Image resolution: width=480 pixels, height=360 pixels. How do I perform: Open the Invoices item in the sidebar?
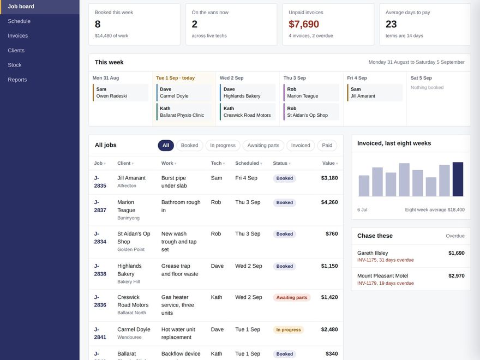18,36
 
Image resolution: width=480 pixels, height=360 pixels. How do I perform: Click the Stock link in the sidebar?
15,65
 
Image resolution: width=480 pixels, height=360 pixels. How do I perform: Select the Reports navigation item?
17,80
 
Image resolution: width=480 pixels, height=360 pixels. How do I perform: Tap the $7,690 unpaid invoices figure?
304,24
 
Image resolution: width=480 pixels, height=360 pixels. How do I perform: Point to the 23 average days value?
391,24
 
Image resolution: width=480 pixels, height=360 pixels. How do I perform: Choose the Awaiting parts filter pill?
263,146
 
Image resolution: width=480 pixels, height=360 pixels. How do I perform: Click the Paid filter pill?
327,146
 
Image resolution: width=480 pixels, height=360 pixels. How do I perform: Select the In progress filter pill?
223,146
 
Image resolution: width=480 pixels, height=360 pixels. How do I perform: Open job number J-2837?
100,206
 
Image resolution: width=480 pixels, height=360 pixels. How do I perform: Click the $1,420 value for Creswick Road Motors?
329,297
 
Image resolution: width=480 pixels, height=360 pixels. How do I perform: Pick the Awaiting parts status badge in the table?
292,298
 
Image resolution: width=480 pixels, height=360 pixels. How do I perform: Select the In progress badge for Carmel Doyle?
289,329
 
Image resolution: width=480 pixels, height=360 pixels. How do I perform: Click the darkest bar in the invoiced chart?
458,179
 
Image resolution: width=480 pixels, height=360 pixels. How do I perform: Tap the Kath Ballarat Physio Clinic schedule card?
184,112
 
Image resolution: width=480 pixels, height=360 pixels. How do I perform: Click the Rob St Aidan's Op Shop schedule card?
311,112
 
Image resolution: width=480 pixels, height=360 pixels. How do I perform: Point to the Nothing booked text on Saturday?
427,88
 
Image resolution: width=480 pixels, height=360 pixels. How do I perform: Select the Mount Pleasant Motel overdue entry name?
383,276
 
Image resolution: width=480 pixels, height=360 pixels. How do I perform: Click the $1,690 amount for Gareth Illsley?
457,253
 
